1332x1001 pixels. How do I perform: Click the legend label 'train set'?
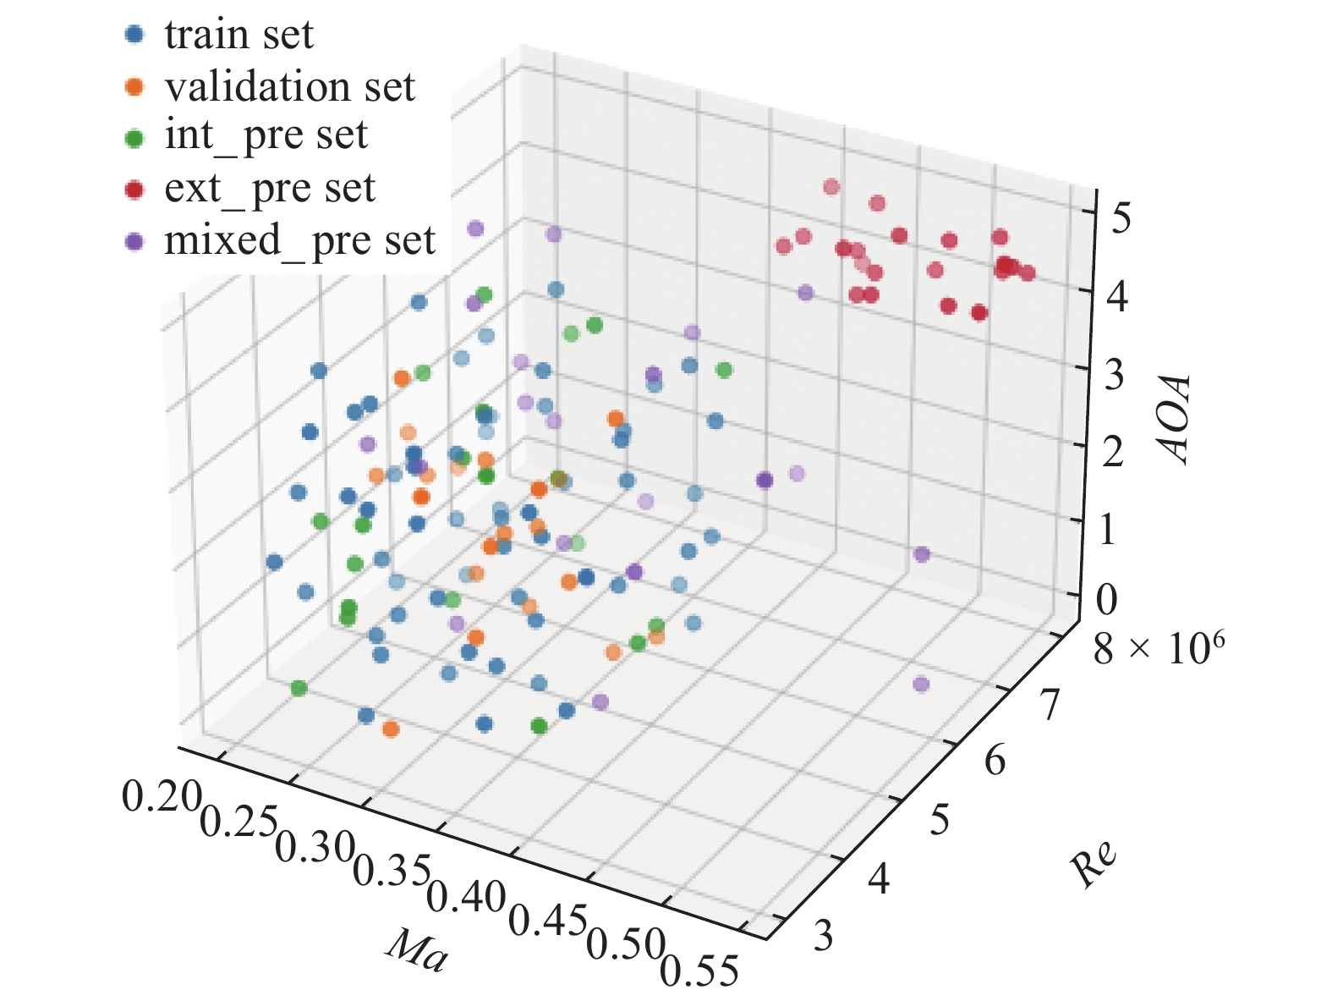238,35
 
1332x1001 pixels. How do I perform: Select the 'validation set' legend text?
289,86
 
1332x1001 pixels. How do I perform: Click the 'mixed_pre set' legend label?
299,240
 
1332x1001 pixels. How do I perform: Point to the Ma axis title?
416,951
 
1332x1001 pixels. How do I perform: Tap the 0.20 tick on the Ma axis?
162,796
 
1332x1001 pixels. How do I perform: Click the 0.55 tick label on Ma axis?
699,971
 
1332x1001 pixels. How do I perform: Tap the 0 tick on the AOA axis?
1107,598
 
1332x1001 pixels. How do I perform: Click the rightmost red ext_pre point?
1028,272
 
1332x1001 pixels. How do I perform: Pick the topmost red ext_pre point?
831,187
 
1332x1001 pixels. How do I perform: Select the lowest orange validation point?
391,729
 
